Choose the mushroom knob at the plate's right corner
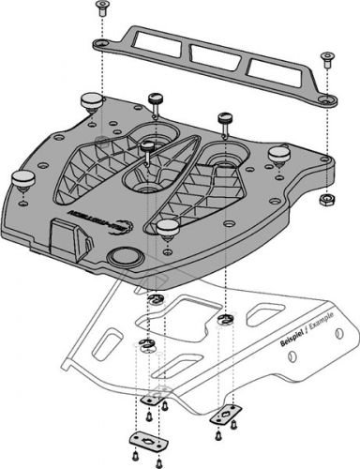pos(278,153)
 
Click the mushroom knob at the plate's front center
pos(167,228)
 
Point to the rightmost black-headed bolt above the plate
pos(225,120)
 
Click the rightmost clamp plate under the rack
pos(223,411)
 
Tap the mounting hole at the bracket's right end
pos(324,99)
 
